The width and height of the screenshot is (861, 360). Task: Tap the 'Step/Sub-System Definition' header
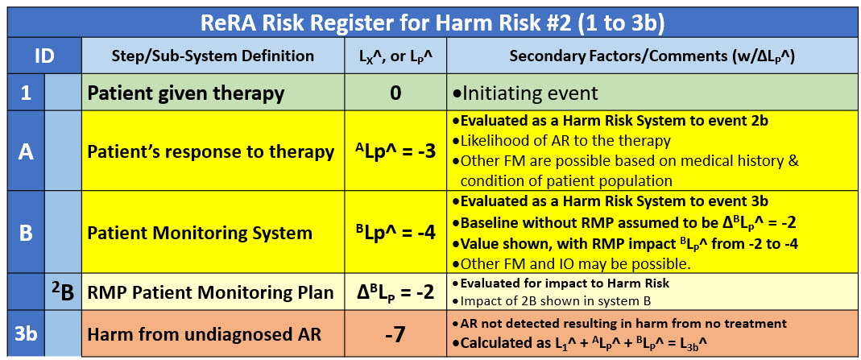pyautogui.click(x=213, y=56)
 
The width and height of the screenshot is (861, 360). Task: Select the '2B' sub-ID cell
pyautogui.click(x=63, y=292)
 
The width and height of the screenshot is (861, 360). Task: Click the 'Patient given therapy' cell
pyautogui.click(x=213, y=93)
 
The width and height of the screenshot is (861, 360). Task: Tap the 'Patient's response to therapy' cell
pyautogui.click(x=213, y=151)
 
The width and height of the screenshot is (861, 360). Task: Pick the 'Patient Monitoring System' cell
pyautogui.click(x=213, y=232)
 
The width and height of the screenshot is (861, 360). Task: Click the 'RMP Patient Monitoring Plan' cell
pyautogui.click(x=213, y=292)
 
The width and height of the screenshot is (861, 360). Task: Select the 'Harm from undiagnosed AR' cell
pyautogui.click(x=213, y=333)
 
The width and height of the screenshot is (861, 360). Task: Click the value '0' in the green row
pyautogui.click(x=395, y=93)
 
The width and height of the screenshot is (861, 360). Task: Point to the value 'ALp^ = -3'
pyautogui.click(x=395, y=151)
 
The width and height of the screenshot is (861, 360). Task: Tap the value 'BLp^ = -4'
pyautogui.click(x=395, y=232)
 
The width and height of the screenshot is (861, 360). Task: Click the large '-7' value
pyautogui.click(x=395, y=333)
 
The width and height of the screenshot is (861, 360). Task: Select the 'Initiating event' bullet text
pyautogui.click(x=525, y=93)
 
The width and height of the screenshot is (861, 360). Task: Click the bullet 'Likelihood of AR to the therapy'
pyautogui.click(x=561, y=141)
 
